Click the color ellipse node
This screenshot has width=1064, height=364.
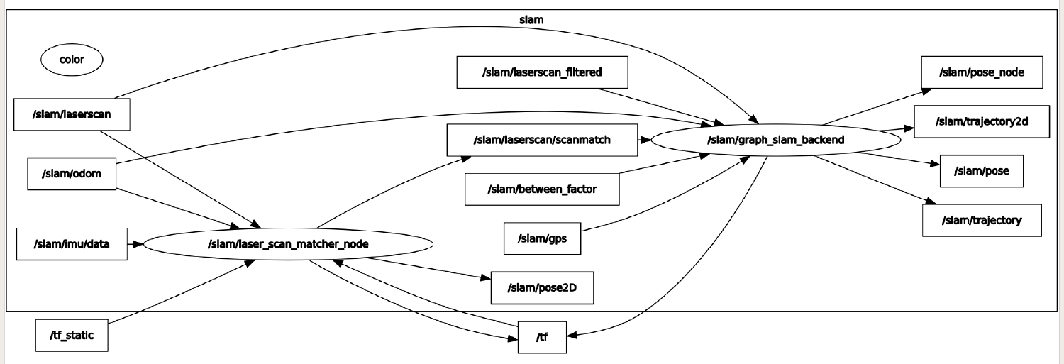[x=72, y=60]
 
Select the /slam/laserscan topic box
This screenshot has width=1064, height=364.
[x=72, y=114]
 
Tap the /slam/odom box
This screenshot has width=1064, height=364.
[x=72, y=175]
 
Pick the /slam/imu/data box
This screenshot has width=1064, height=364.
[x=72, y=244]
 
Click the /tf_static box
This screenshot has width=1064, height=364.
[x=72, y=335]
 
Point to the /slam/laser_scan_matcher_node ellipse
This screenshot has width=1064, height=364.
[x=288, y=244]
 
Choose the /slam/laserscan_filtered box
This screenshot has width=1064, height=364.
[x=543, y=72]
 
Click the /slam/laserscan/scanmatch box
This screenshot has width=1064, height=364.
[x=543, y=140]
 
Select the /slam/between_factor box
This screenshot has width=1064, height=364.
[x=543, y=189]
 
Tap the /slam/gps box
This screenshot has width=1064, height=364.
[x=543, y=238]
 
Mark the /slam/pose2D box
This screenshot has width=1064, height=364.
[x=542, y=287]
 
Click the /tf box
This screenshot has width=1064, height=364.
[x=543, y=337]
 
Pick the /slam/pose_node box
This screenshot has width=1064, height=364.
[x=981, y=72]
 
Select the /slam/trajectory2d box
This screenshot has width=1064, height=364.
[x=982, y=121]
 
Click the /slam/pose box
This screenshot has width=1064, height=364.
[x=982, y=171]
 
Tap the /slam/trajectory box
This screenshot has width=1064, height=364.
[x=982, y=220]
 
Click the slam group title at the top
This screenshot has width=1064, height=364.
[x=531, y=20]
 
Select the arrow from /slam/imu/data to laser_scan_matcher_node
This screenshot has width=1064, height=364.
[x=135, y=244]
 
